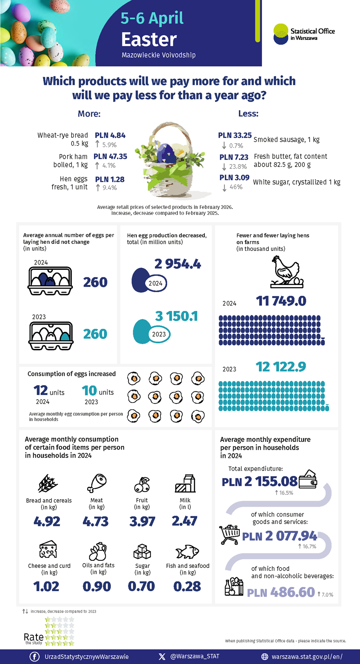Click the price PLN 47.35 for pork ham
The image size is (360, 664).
click(110, 156)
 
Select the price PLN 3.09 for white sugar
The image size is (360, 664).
click(234, 177)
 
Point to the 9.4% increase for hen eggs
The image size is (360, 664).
click(106, 188)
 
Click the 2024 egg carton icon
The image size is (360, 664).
click(50, 281)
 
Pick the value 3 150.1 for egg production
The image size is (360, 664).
click(176, 316)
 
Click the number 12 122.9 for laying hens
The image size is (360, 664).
click(281, 367)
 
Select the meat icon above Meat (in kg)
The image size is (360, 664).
click(96, 483)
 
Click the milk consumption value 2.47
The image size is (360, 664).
click(184, 521)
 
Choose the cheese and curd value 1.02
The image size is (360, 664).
click(46, 586)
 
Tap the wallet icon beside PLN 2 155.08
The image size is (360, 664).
click(308, 479)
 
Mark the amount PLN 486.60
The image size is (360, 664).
click(281, 592)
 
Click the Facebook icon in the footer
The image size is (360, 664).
click(35, 657)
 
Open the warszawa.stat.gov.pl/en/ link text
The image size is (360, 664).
click(307, 657)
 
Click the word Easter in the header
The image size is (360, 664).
click(149, 39)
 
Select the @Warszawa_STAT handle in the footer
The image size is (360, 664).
click(194, 656)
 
